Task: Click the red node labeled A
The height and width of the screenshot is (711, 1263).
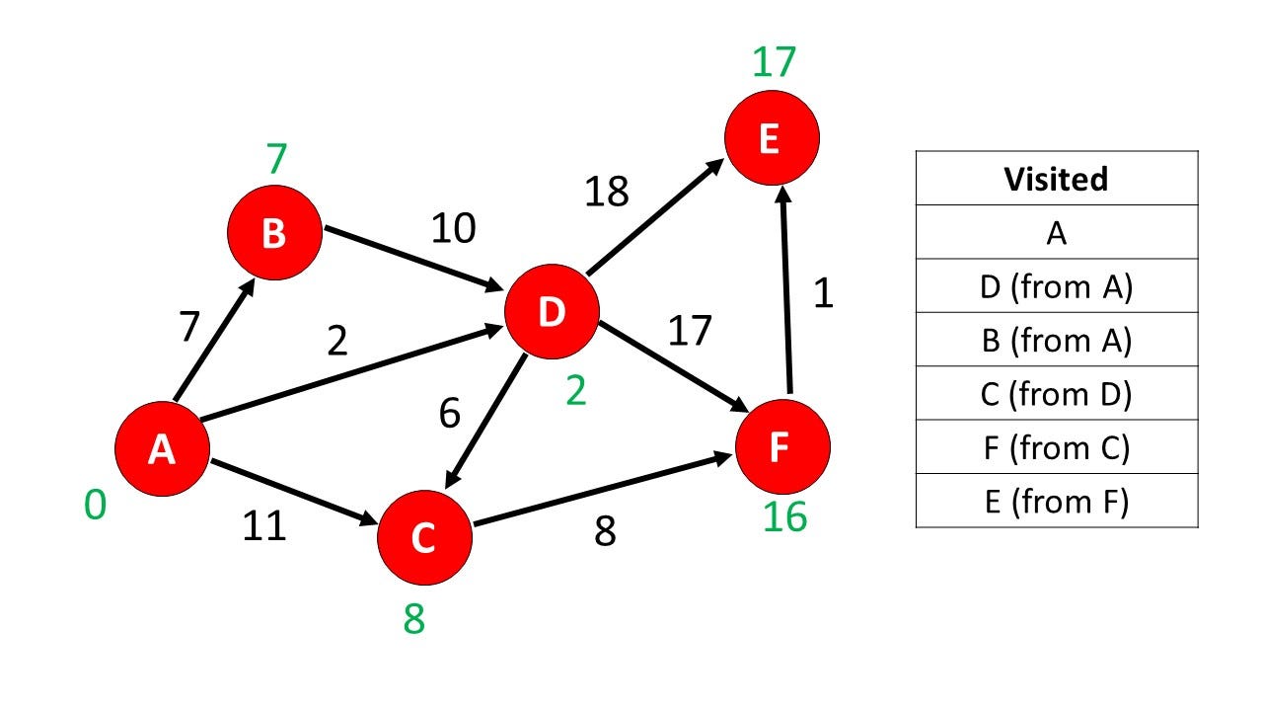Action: click(x=162, y=449)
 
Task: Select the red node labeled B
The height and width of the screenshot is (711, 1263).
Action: click(x=274, y=233)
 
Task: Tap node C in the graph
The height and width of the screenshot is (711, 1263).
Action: click(x=424, y=537)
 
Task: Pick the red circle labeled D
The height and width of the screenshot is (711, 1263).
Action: click(x=552, y=312)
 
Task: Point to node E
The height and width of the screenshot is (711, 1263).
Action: click(x=772, y=139)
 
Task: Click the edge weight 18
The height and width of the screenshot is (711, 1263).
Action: click(x=606, y=192)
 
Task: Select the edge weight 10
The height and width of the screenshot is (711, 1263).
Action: click(x=453, y=229)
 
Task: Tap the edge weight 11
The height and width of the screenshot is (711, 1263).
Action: click(x=264, y=525)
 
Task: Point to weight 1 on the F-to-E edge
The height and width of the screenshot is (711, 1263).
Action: click(x=823, y=293)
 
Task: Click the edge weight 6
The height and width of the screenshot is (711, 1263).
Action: click(x=449, y=414)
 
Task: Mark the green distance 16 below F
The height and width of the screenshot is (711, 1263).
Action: click(x=784, y=516)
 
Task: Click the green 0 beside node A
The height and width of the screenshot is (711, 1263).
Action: click(x=95, y=506)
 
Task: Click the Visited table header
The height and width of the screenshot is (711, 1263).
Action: click(x=1056, y=179)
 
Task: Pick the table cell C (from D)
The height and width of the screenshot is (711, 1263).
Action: click(x=1056, y=394)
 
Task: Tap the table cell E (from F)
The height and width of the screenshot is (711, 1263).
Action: click(x=1056, y=502)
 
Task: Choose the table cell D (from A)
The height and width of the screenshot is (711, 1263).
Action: click(x=1056, y=286)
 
